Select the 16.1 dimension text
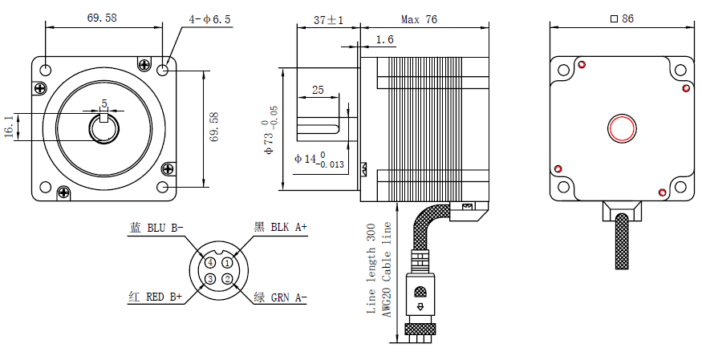[10, 127]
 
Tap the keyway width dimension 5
[103, 103]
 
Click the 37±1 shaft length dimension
[328, 20]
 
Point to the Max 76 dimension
[419, 20]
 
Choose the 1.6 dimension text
[384, 39]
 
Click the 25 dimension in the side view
[318, 91]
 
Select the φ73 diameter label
[273, 128]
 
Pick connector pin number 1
[227, 262]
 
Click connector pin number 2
[227, 279]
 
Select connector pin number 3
[209, 279]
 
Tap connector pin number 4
[209, 262]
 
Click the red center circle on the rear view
[622, 127]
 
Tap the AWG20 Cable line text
[386, 273]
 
